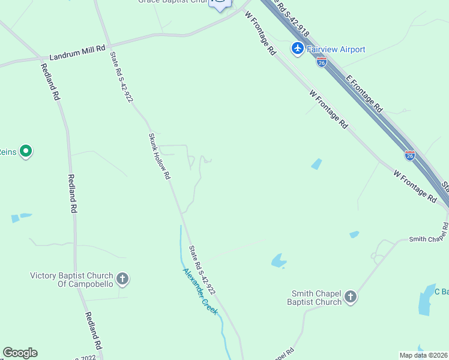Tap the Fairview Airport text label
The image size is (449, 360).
coord(336,49)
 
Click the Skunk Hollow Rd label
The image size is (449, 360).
coord(160,156)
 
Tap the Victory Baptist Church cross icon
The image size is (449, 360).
coord(122,279)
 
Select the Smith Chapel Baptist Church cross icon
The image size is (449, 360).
coord(351,297)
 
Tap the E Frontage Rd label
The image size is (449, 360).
coord(364,94)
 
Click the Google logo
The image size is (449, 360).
coord(20,353)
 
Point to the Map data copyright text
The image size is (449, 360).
coord(423,355)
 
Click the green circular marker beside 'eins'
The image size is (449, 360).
coord(26,151)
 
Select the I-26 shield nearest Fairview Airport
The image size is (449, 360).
coord(322,62)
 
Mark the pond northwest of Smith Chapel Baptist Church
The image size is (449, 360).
coord(278,260)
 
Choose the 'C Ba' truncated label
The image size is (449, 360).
coord(441,292)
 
